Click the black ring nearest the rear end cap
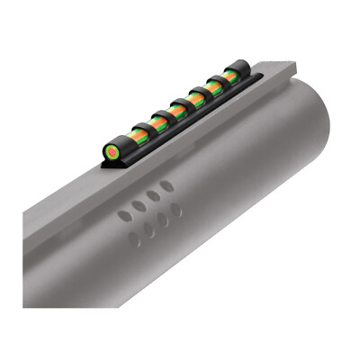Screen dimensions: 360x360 click(218, 82)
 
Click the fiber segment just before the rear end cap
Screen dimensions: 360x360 click(229, 76)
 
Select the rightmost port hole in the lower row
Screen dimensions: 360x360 click(177, 210)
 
